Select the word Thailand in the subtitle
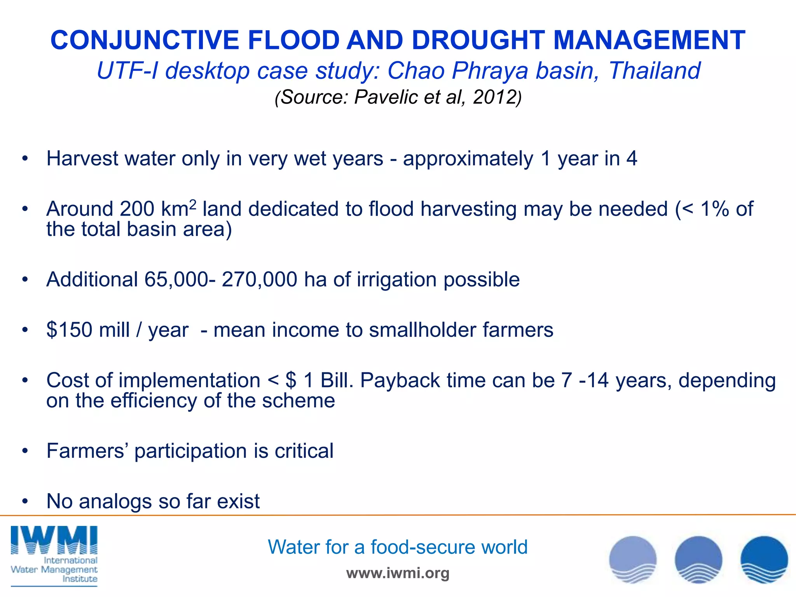tap(655, 71)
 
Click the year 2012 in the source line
tap(494, 97)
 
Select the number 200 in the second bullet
tap(137, 209)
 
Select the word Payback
tap(400, 381)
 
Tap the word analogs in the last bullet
tap(115, 501)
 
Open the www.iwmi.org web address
tap(398, 573)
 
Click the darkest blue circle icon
tap(764, 560)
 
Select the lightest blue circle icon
tap(633, 560)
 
